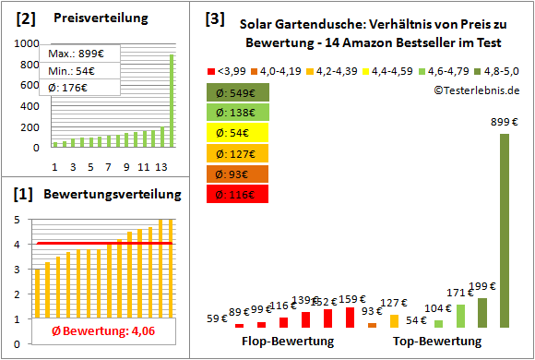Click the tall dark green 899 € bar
pos(504,231)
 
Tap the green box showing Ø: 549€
pos(238,92)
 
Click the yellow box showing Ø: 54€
pos(238,133)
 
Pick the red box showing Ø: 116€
pos(238,194)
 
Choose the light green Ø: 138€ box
pos(238,113)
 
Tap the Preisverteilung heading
pos(91,18)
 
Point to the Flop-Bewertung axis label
pos(288,341)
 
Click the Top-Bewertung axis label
pos(437,341)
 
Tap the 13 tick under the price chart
pos(161,166)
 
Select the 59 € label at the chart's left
pos(218,318)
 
